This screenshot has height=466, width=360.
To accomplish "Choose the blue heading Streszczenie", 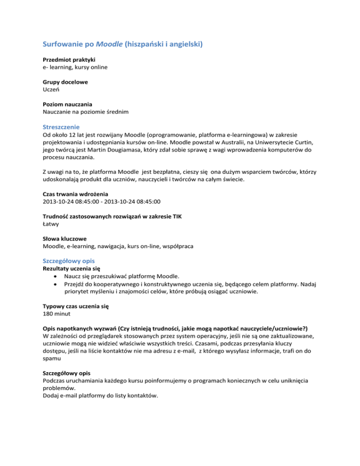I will (61, 127).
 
